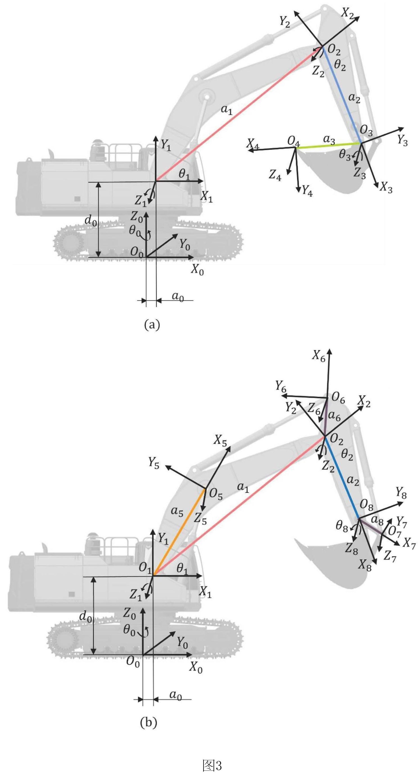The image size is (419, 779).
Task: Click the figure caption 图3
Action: tap(212, 765)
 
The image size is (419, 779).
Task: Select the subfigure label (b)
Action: tap(149, 728)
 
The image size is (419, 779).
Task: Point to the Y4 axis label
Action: tap(307, 191)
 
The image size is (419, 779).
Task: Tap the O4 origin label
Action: tap(293, 141)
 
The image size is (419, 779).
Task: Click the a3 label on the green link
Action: tap(329, 140)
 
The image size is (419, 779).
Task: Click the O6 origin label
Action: tap(338, 398)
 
